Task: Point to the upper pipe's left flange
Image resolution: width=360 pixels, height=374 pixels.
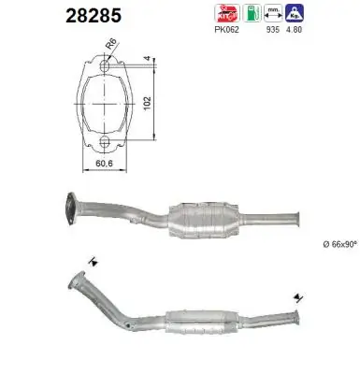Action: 72,208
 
